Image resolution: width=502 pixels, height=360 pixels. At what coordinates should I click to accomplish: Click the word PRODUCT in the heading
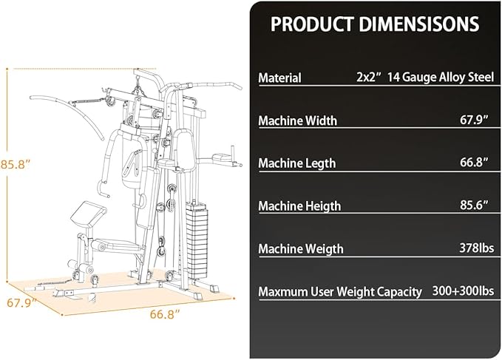[312, 24]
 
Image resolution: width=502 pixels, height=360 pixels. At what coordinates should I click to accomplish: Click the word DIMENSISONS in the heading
[419, 24]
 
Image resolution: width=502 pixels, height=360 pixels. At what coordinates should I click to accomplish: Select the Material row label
[279, 78]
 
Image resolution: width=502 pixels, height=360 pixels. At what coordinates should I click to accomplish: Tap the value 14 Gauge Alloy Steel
[441, 77]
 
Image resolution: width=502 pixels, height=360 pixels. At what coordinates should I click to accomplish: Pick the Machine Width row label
[298, 120]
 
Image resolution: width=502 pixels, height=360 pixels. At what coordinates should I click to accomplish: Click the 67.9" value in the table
[475, 120]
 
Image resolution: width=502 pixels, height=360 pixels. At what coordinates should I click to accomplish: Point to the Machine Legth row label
[297, 163]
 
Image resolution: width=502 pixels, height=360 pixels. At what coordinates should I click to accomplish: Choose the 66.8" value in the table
[475, 162]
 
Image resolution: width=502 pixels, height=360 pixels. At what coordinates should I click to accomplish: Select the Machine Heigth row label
[299, 206]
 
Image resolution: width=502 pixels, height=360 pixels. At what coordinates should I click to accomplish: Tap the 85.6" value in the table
[475, 205]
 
